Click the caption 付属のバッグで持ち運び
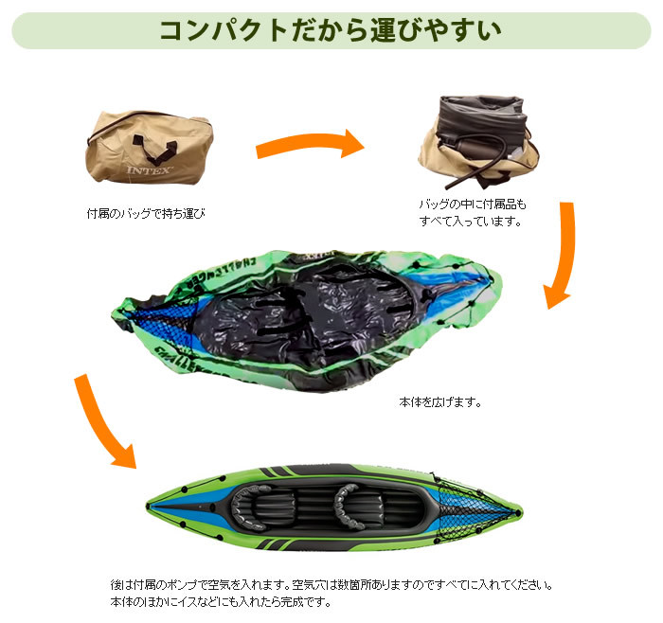(x=145, y=214)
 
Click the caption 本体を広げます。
(x=439, y=401)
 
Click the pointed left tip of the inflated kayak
(x=152, y=501)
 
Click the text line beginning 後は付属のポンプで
(x=331, y=584)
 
